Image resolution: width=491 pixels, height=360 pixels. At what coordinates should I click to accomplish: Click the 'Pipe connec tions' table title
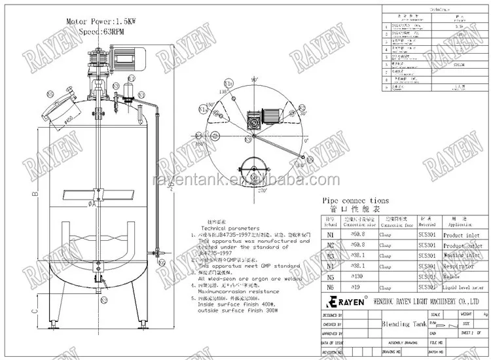point(355,201)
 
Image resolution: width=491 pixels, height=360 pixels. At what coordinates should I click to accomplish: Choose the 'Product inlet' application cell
point(462,234)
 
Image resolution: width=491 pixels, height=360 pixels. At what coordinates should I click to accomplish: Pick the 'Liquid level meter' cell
point(462,287)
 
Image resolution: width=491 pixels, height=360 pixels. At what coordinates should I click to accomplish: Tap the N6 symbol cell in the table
point(329,287)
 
